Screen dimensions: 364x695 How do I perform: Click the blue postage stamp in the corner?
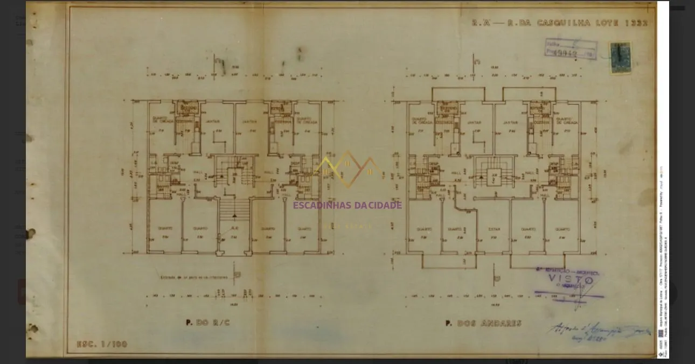621,57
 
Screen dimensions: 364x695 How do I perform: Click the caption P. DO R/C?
207,323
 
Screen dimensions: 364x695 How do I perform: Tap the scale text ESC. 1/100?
102,344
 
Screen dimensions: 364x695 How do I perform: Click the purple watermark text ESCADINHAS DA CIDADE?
347,205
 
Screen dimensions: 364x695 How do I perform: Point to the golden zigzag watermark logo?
349,168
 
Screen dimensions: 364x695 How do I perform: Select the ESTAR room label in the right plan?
494,229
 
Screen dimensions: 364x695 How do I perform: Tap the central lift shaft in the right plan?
494,176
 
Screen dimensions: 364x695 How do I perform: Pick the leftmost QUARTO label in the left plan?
165,228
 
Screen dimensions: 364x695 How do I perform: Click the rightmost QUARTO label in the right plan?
562,229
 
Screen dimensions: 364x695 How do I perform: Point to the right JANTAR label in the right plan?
510,122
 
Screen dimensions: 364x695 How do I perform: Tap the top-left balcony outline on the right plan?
458,94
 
